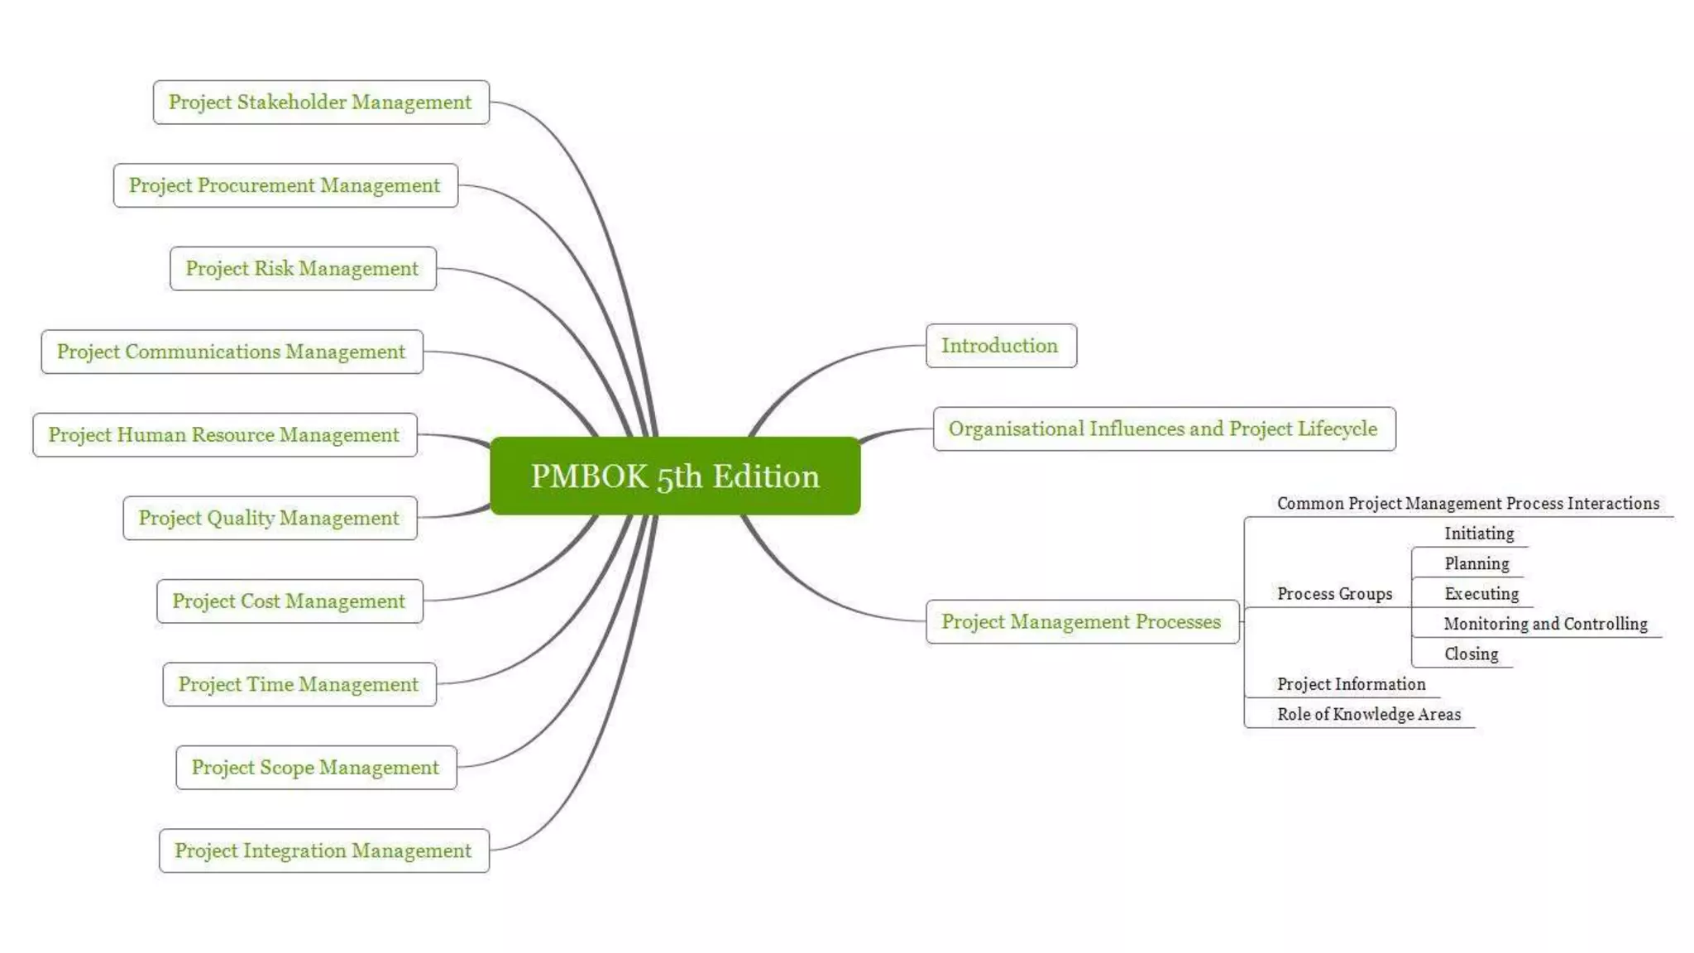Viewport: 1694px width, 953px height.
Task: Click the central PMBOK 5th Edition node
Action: [675, 476]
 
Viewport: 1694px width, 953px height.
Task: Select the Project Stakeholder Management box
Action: [321, 102]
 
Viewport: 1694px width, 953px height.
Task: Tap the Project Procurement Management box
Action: [285, 185]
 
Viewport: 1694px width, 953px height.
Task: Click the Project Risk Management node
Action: [303, 268]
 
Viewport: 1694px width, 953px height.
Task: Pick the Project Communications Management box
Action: [232, 352]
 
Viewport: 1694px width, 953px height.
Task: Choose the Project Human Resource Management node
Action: [224, 434]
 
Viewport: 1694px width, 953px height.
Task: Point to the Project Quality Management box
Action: [270, 518]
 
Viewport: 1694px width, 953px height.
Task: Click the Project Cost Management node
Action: [290, 601]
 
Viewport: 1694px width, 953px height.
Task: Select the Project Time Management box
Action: [299, 684]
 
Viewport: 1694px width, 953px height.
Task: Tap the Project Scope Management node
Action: [316, 767]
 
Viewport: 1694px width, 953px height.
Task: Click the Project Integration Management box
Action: [323, 850]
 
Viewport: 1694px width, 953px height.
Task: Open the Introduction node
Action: [1000, 345]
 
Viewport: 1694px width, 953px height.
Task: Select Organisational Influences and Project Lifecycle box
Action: [1163, 429]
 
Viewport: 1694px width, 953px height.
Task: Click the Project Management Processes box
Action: [1081, 621]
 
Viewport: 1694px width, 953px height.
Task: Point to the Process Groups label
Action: [1334, 594]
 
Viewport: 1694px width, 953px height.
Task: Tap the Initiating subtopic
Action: [1479, 534]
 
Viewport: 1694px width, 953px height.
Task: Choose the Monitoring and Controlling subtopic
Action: [1545, 624]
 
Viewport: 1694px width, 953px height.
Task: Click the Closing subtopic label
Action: [1471, 654]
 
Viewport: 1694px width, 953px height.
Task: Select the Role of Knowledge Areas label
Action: [1369, 714]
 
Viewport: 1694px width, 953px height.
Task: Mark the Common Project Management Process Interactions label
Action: [1468, 503]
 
